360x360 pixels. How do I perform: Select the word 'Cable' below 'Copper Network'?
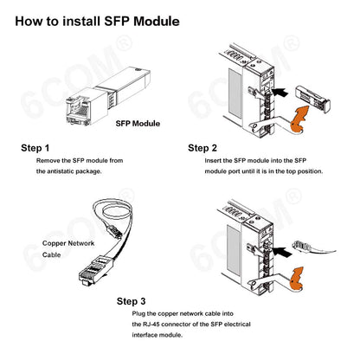(54, 256)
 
